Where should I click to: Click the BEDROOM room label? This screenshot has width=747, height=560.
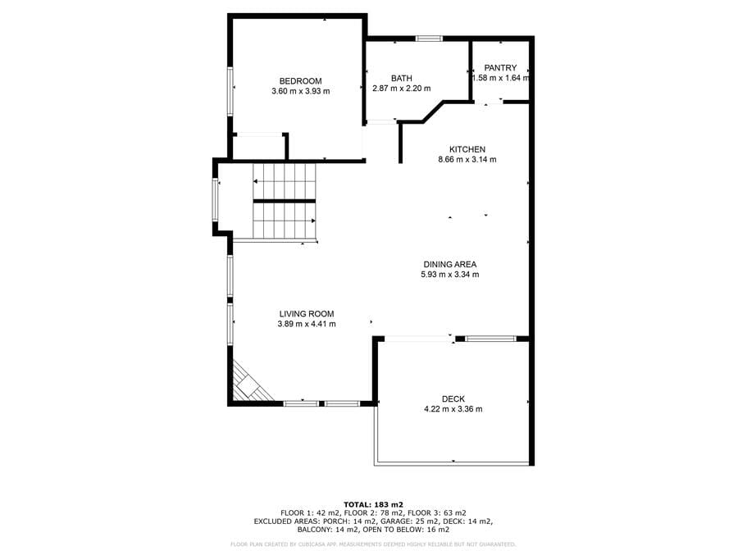point(300,81)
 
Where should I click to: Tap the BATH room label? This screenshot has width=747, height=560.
point(401,78)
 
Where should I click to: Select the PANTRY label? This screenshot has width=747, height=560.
point(500,67)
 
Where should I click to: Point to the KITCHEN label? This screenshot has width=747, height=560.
point(467,149)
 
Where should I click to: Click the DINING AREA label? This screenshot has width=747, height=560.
point(449,264)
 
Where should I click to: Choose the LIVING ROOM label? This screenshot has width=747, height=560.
point(307,314)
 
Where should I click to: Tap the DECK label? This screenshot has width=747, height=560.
point(453,399)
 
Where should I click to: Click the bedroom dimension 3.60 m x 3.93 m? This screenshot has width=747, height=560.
point(300,92)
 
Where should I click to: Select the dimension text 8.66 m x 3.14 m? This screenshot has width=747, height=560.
point(467,160)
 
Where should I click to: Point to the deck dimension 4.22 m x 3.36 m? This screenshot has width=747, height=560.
point(453,409)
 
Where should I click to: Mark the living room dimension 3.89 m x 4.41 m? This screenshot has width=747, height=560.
point(307,325)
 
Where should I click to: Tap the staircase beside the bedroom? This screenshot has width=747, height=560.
point(285,202)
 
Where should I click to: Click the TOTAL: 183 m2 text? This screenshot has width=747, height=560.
point(374,504)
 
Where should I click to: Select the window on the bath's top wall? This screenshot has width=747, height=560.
point(429,39)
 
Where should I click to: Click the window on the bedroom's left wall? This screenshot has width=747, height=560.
point(230,92)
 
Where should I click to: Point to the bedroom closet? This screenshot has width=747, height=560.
point(260,147)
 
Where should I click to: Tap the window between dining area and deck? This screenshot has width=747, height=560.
point(490,339)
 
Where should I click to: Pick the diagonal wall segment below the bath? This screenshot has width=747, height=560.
point(433,112)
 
